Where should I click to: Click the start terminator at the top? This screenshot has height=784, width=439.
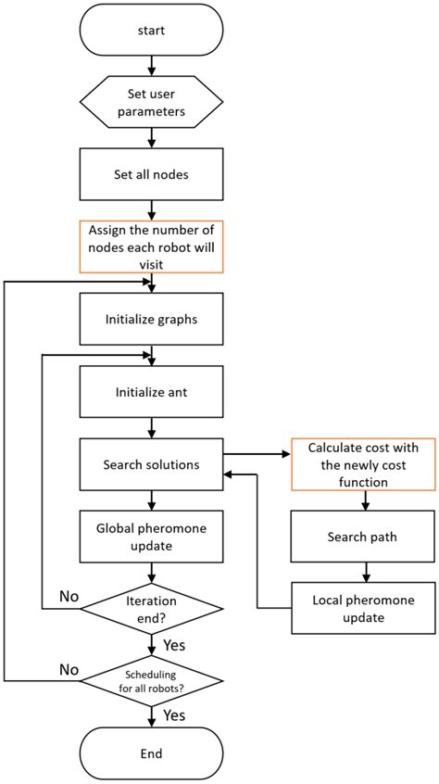(151, 30)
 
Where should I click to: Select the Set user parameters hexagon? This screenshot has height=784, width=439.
(151, 102)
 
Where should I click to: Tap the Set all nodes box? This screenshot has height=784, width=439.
(151, 175)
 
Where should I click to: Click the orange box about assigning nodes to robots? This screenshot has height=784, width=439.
(151, 247)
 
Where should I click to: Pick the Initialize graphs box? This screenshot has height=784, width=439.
(151, 320)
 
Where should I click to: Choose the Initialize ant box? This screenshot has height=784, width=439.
(151, 392)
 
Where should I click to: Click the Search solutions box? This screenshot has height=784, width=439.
(151, 464)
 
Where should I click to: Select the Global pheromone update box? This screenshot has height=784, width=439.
(151, 537)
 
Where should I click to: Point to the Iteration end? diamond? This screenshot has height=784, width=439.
(151, 609)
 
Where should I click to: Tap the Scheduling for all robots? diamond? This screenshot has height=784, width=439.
(151, 680)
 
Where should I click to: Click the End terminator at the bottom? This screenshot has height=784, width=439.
(151, 753)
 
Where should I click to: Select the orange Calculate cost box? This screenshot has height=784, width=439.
(363, 464)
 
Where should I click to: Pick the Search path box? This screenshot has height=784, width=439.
(363, 537)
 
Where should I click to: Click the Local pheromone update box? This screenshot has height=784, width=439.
(363, 608)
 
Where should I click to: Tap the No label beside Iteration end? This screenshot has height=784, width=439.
(69, 597)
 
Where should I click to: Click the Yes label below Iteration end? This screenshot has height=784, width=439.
(174, 645)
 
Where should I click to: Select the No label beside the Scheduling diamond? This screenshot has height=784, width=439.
(69, 669)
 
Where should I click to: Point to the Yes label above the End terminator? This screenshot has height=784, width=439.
(174, 716)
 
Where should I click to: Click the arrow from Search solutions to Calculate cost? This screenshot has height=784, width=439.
(257, 454)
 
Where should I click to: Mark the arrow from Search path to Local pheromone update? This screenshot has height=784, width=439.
(367, 572)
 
